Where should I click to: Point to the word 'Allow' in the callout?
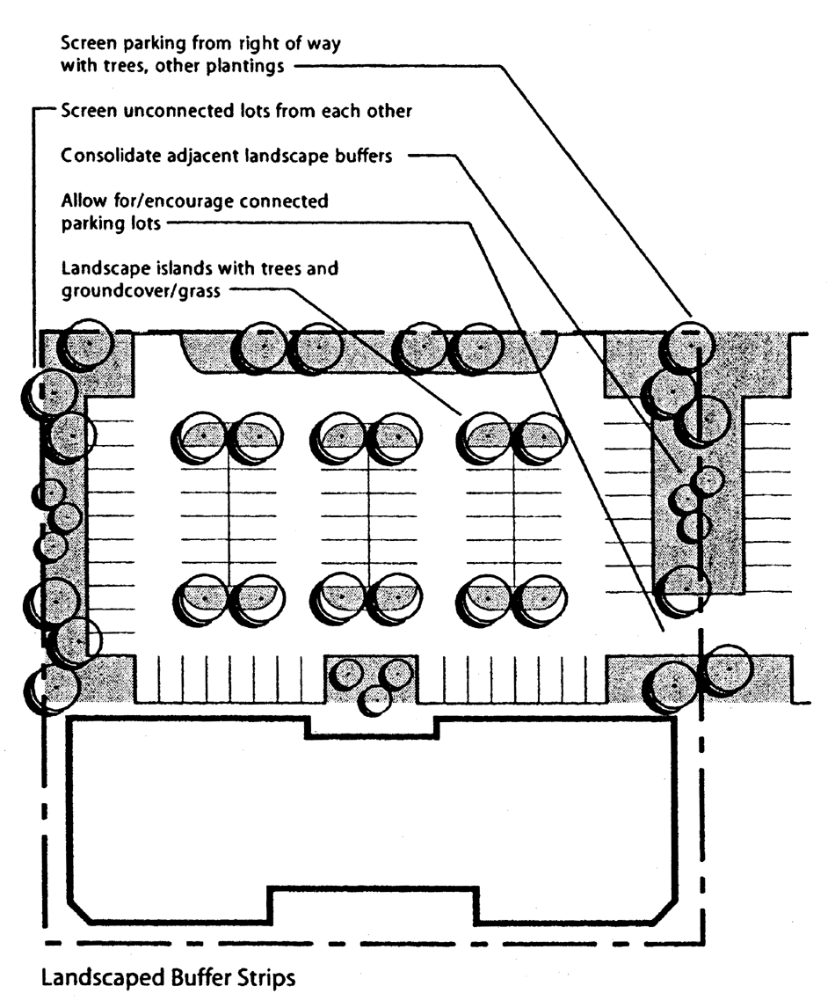(83, 201)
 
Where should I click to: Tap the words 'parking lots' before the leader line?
(111, 223)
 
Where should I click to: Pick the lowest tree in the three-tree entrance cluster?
(376, 698)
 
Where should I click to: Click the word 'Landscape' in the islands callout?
(101, 267)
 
